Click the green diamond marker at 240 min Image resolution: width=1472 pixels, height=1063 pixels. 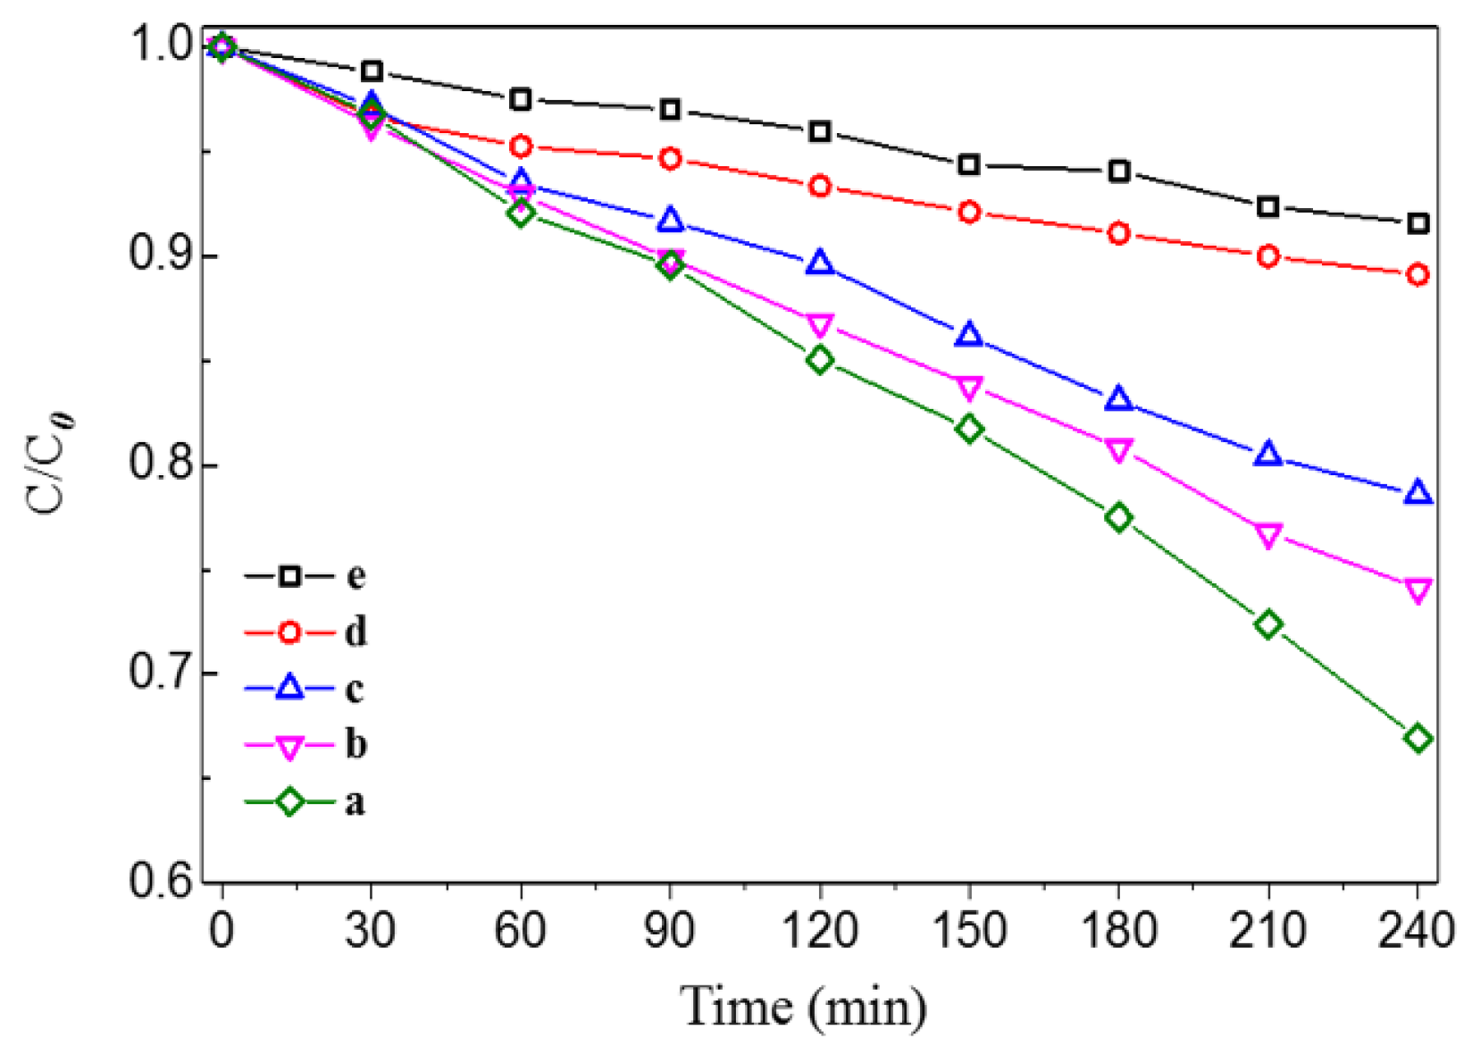1418,739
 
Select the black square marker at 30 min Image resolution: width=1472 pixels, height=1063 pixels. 372,71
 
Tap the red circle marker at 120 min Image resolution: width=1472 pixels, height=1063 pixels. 820,187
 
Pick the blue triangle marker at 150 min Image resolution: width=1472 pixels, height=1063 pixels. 969,336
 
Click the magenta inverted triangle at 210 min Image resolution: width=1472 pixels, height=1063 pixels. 1268,535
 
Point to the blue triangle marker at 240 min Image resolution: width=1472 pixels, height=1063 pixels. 1418,493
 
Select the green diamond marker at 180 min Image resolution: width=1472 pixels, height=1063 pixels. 1118,518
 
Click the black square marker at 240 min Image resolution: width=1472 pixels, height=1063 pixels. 1418,224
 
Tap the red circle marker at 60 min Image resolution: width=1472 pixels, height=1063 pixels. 521,146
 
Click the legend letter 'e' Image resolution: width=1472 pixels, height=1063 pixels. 355,576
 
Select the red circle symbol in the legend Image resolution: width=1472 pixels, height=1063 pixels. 289,632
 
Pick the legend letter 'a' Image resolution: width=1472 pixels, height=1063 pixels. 355,802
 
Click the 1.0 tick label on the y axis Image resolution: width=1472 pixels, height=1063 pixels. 162,46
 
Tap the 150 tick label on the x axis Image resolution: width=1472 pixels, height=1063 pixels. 969,931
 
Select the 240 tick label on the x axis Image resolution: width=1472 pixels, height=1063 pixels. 1416,931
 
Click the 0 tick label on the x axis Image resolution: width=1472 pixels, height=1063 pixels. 222,931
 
